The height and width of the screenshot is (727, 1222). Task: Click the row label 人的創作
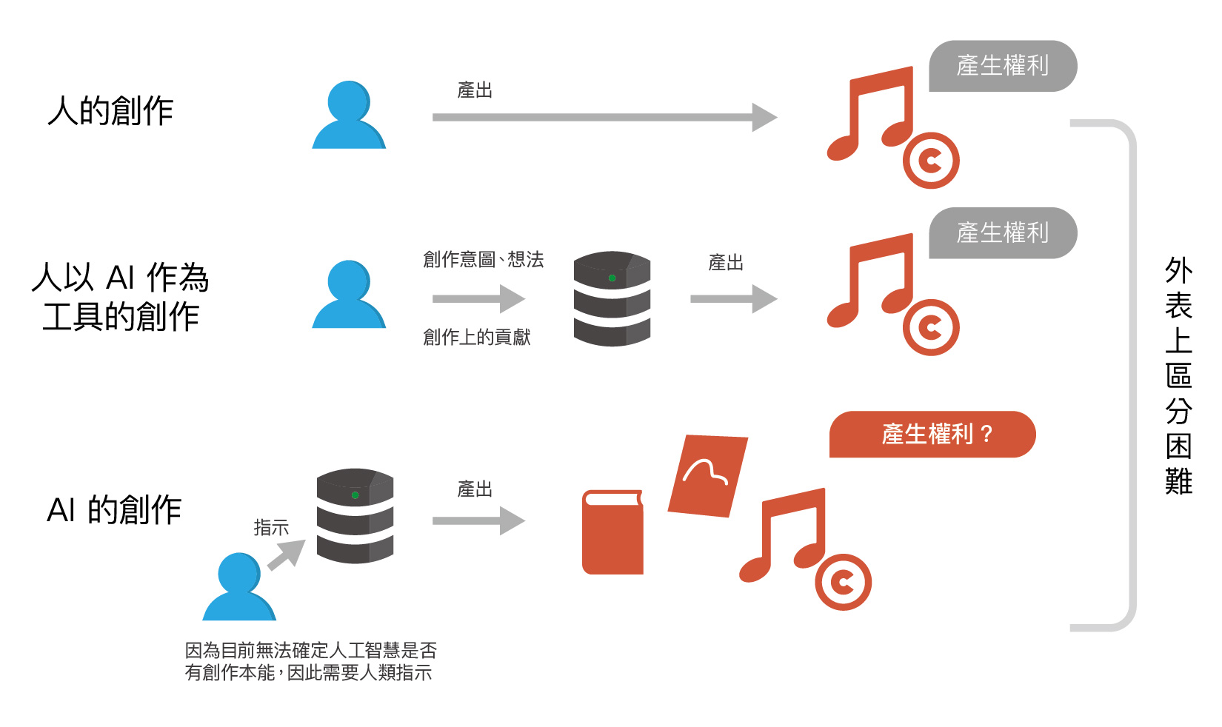[x=110, y=111]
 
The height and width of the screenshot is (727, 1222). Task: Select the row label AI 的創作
[x=114, y=510]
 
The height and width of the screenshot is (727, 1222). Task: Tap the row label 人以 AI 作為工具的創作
[x=120, y=297]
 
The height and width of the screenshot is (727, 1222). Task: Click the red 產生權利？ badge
[x=932, y=434]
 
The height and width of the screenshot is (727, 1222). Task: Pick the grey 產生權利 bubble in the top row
[x=1002, y=66]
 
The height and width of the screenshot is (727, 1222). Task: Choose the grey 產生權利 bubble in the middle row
[x=1002, y=233]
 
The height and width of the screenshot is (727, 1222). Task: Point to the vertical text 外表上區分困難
[x=1178, y=375]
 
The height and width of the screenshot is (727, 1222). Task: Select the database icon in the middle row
[x=612, y=298]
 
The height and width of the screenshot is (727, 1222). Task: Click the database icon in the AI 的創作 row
[x=355, y=515]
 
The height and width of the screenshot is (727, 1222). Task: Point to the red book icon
[x=612, y=532]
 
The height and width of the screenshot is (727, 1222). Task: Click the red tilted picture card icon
[x=707, y=475]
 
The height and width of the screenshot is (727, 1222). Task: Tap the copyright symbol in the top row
[x=931, y=160]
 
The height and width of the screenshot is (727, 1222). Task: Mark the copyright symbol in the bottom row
[x=843, y=582]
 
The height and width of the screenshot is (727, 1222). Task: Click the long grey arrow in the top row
[x=604, y=117]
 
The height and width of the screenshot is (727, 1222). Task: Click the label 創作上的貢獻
[x=476, y=338]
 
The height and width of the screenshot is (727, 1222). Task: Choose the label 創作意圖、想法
[x=483, y=260]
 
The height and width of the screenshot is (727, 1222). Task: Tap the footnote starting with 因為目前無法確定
[x=310, y=661]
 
